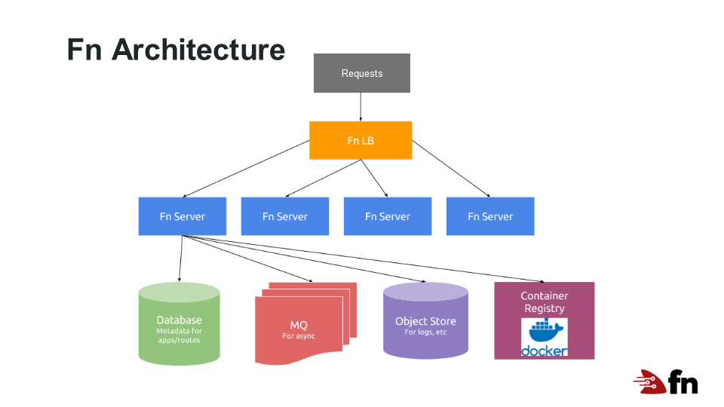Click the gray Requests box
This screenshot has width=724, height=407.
pos(362,73)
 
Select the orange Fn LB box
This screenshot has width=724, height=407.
pos(360,140)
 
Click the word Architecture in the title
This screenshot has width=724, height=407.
pos(198,50)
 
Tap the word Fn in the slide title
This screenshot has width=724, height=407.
pos(84,50)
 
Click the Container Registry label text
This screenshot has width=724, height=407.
pos(545,301)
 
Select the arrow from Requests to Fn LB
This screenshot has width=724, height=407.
pos(361,106)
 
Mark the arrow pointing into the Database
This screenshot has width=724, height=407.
pos(180,260)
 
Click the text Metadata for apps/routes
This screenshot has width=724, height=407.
pos(179,335)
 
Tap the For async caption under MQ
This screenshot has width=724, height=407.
pos(299,336)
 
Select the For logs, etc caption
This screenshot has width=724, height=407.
pos(425,332)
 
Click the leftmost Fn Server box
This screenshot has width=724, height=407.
pos(183,216)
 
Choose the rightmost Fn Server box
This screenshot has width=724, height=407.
pos(490,216)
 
